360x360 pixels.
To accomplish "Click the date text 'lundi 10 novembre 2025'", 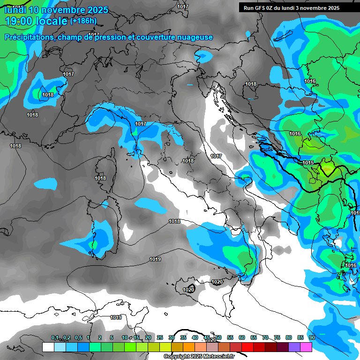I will pyautogui.click(x=56, y=10).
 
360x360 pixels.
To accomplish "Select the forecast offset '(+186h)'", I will pyautogui.click(x=83, y=21).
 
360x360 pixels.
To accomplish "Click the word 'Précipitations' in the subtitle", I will pyautogui.click(x=29, y=37).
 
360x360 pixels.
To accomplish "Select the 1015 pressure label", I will pyautogui.click(x=308, y=163).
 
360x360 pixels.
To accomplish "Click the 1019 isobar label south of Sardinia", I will pyautogui.click(x=155, y=259).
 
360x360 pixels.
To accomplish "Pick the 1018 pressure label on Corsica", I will pyautogui.click(x=100, y=178).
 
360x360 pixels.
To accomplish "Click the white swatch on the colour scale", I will pyautogui.click(x=48, y=347).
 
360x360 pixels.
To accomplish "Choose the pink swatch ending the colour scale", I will pyautogui.click(x=306, y=347).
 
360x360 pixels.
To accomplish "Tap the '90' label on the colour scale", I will pyautogui.click(x=312, y=337).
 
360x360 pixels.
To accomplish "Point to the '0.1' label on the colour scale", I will pyautogui.click(x=55, y=337).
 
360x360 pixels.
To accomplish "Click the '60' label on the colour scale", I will pyautogui.click(x=242, y=337).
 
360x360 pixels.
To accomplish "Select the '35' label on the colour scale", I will pyautogui.click(x=183, y=337).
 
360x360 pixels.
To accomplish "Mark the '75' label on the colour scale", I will pyautogui.click(x=277, y=337).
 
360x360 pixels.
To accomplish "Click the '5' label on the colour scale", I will pyautogui.click(x=112, y=337).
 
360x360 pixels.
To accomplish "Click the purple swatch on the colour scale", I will pyautogui.click(x=294, y=347).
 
